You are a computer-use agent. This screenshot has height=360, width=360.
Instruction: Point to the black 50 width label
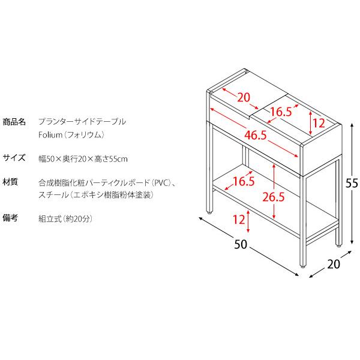click(x=241, y=244)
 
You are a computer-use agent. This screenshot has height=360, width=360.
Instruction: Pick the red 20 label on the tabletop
click(x=243, y=98)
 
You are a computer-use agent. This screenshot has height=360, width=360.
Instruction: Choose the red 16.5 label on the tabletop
click(x=280, y=111)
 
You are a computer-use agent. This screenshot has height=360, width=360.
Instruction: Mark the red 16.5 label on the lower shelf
click(x=244, y=181)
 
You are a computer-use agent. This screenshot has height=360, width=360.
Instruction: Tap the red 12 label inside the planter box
click(x=319, y=124)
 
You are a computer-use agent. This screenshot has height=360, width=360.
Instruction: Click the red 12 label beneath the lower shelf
click(x=239, y=220)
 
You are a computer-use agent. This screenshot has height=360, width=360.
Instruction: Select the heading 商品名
click(x=14, y=121)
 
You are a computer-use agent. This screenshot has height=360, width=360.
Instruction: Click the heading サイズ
click(x=14, y=158)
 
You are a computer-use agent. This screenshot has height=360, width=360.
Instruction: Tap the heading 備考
click(x=10, y=218)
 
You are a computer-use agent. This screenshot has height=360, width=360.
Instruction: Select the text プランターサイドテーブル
click(x=82, y=121)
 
